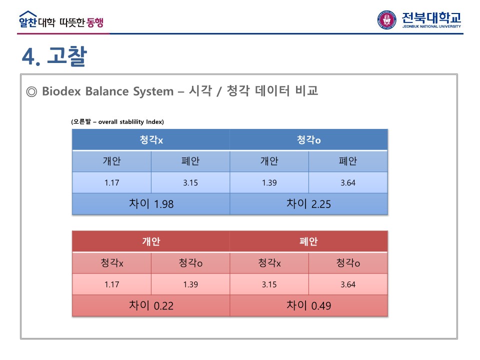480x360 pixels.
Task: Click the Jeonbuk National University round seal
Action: [386, 20]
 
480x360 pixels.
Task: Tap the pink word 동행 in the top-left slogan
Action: [95, 22]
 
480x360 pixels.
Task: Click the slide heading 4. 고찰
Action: [54, 56]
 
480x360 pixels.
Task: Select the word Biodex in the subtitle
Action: [61, 91]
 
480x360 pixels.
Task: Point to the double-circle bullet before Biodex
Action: [31, 91]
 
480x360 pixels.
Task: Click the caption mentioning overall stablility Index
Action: [117, 122]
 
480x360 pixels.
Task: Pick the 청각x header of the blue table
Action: [151, 140]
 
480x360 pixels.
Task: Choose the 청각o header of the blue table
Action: [308, 140]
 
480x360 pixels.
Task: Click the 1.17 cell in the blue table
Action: [111, 183]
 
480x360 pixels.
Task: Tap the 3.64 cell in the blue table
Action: [348, 183]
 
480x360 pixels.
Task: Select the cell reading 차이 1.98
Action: [151, 204]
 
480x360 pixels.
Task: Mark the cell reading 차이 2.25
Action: [308, 204]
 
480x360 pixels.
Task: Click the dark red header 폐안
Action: [308, 241]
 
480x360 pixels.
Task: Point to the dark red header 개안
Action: [151, 241]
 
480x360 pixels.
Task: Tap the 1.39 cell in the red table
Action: [190, 284]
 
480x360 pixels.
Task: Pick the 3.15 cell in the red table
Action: [269, 284]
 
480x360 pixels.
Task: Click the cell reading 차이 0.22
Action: [151, 305]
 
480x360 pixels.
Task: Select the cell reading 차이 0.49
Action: [308, 305]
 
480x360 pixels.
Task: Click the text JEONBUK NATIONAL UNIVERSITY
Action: [431, 26]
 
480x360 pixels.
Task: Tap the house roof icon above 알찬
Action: [28, 14]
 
